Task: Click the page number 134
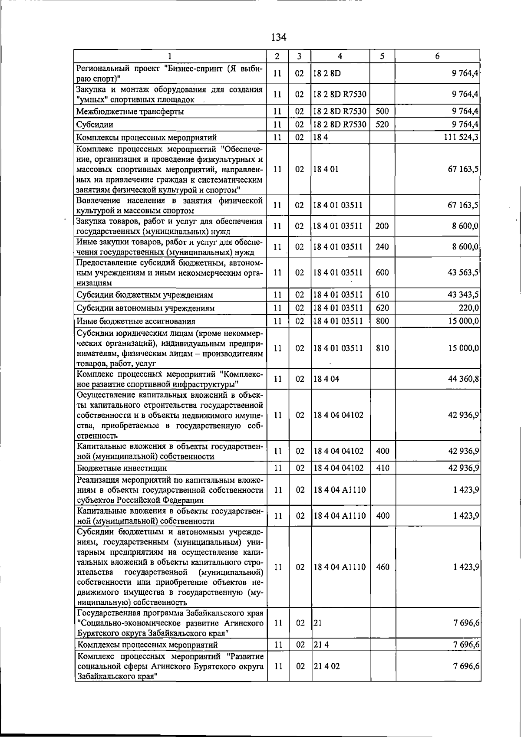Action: click(278, 37)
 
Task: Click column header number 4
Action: click(340, 56)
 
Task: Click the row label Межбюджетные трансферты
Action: click(130, 111)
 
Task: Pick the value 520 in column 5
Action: click(383, 124)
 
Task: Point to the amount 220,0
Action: click(469, 308)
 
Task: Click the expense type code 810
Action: click(383, 348)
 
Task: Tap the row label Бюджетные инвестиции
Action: click(122, 468)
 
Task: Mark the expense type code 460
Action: click(383, 567)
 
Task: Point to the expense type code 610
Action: click(383, 295)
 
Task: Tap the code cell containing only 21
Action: click(318, 623)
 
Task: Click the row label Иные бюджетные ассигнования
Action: click(135, 321)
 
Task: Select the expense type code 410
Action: click(383, 468)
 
